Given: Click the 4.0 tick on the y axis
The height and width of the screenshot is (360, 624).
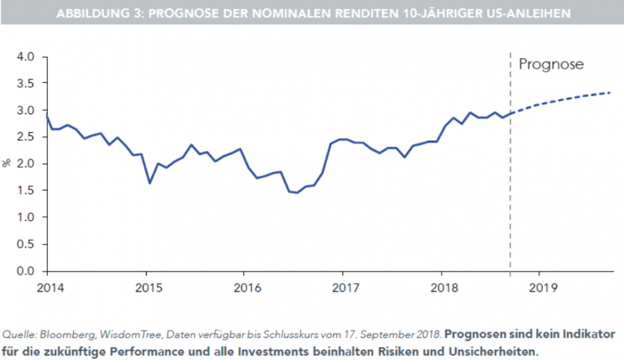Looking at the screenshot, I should click(25, 56).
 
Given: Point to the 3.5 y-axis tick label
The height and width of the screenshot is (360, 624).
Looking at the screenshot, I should click(25, 84).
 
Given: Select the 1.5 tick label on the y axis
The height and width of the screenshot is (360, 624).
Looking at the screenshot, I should click(25, 191).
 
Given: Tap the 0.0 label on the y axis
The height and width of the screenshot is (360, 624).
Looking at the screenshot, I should click(25, 271).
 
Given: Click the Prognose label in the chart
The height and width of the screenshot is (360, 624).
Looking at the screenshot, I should click(550, 64).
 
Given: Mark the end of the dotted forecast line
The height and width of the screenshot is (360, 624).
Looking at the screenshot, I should click(610, 92).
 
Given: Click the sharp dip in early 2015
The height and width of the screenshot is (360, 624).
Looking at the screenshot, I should click(149, 183).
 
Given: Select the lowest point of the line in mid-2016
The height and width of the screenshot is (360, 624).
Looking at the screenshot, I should click(297, 193).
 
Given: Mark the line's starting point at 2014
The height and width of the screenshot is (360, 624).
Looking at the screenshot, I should click(46, 115).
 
